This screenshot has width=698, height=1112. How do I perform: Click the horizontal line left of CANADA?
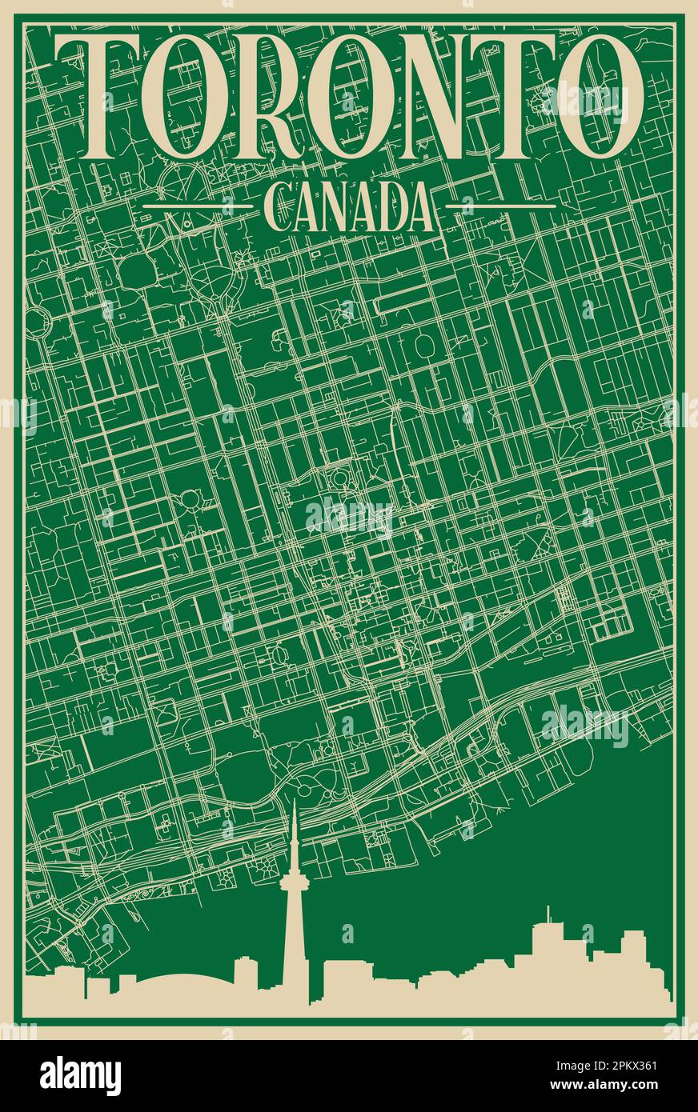[196, 206]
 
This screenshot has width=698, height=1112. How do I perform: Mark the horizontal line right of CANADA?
[500, 206]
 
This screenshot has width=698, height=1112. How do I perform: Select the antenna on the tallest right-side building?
[548, 912]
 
